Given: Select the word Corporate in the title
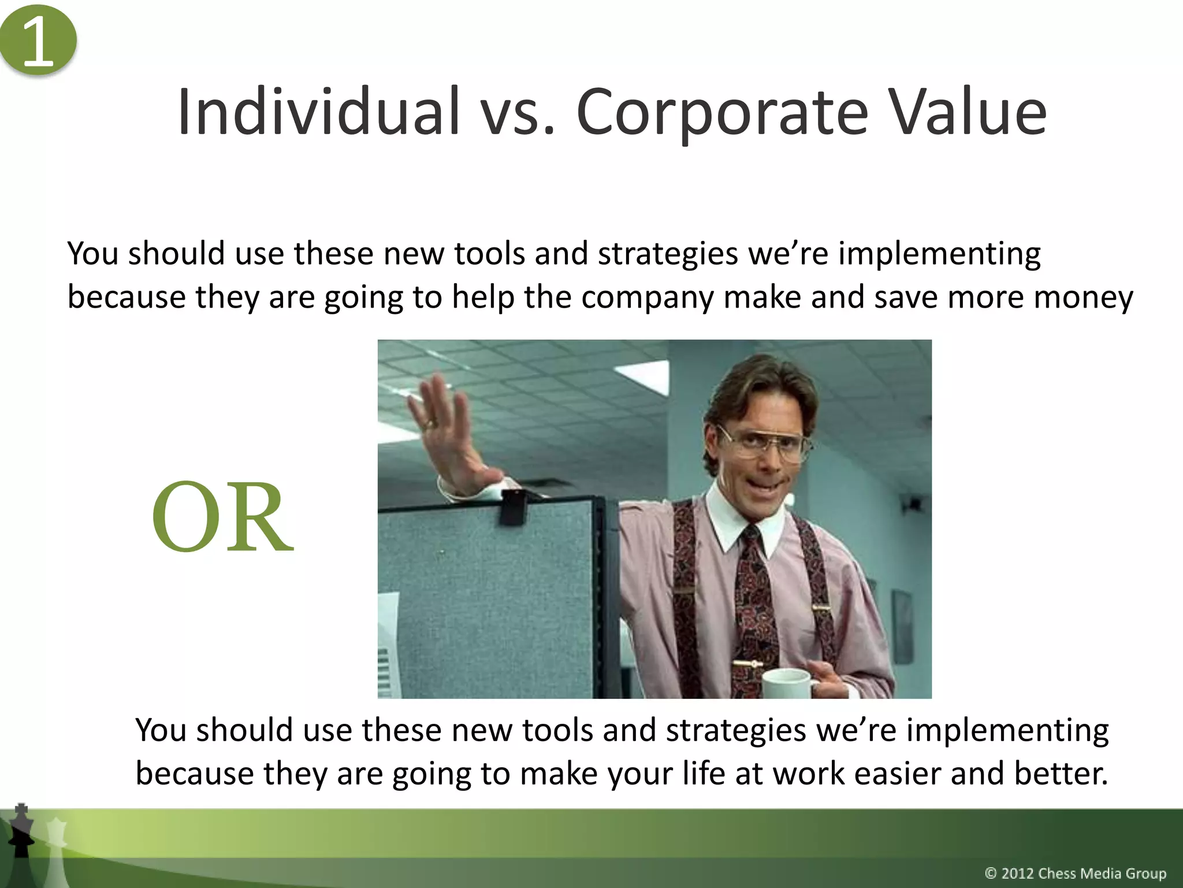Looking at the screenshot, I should pyautogui.click(x=722, y=113).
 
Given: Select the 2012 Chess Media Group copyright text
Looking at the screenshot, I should pyautogui.click(x=1075, y=873).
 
